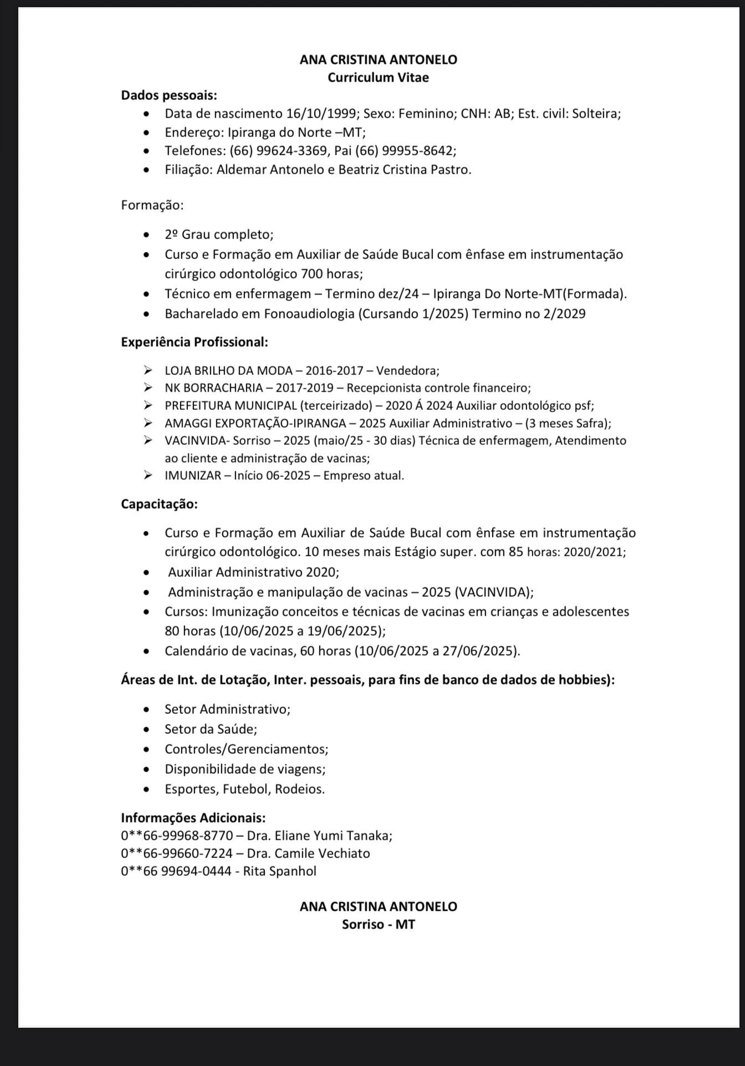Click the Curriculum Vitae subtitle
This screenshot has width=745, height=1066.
point(378,78)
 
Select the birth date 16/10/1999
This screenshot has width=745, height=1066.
point(320,114)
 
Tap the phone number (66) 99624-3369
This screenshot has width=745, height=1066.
point(279,151)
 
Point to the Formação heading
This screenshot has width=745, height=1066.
point(152,205)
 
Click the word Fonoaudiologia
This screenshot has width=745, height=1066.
point(309,314)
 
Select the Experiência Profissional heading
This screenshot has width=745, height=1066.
point(195,342)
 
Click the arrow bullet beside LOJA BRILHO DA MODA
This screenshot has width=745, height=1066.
point(147,370)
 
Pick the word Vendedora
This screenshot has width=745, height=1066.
point(407,370)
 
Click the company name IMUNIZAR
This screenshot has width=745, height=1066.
point(192,475)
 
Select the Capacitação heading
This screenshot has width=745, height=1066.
point(159,504)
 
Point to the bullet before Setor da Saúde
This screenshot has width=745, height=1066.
point(146,729)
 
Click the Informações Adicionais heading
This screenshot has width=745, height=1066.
point(193,818)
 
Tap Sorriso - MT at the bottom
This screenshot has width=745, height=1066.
point(378,925)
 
